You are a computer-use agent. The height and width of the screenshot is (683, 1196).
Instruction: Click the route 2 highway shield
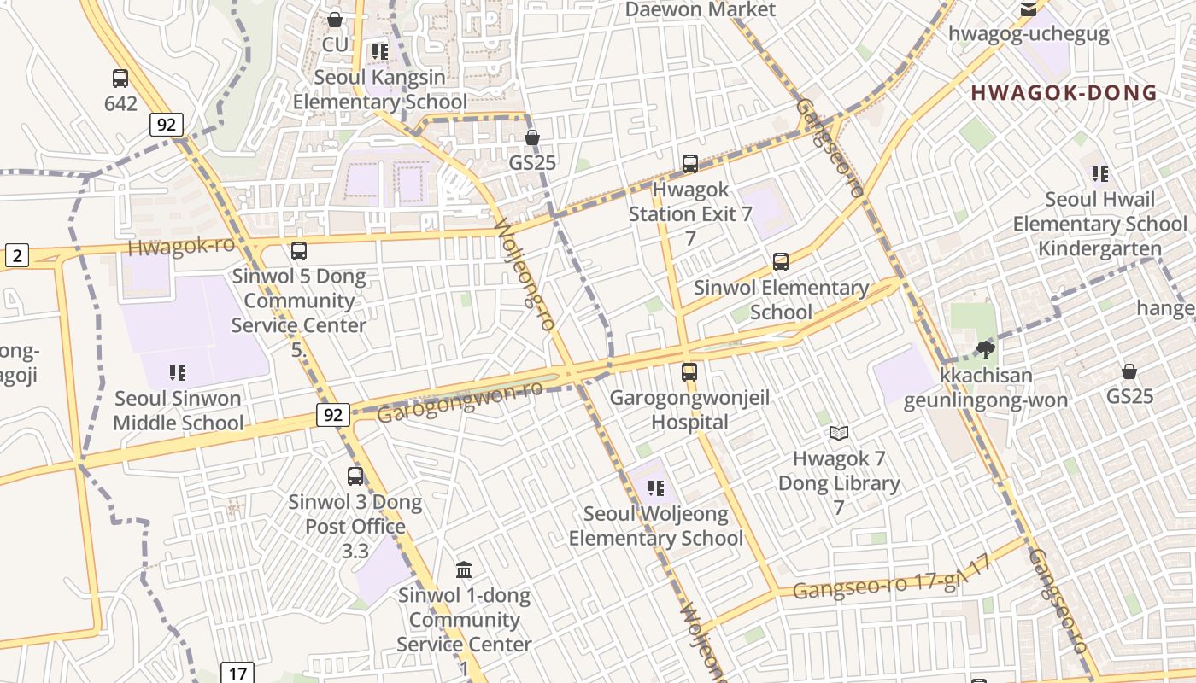pos(16,254)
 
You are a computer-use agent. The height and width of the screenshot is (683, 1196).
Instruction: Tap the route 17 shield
pos(237,673)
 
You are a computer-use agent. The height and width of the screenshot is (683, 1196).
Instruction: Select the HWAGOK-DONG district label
pos(1064,93)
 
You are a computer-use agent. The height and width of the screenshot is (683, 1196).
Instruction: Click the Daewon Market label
pos(701,9)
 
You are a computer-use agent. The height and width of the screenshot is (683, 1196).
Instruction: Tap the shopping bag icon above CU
pos(335,19)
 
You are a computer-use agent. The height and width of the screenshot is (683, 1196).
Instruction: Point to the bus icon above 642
pos(120,79)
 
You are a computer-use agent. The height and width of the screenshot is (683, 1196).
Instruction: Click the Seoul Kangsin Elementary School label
pos(380,90)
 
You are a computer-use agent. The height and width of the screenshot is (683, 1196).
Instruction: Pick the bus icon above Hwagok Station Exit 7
pos(690,164)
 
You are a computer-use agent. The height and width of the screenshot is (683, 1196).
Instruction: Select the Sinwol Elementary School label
pos(781,300)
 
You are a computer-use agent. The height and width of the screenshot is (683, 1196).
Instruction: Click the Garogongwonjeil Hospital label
pos(689,410)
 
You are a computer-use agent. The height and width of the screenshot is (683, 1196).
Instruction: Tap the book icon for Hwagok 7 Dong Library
pos(839,434)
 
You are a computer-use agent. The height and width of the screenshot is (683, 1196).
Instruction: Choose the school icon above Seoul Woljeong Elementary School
pos(656,488)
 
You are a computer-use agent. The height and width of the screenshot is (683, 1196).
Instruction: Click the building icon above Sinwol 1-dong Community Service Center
pos(464,569)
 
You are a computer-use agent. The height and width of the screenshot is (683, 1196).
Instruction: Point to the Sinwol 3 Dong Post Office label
pos(355,514)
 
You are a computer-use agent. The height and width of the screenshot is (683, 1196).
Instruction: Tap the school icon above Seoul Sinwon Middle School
pos(178,372)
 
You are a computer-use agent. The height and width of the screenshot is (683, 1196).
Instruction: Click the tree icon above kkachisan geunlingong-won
pos(986,348)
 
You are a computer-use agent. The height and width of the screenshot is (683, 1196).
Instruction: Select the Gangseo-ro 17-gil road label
pos(890,579)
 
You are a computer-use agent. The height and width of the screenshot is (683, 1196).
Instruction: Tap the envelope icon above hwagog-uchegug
pos(1029,10)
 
